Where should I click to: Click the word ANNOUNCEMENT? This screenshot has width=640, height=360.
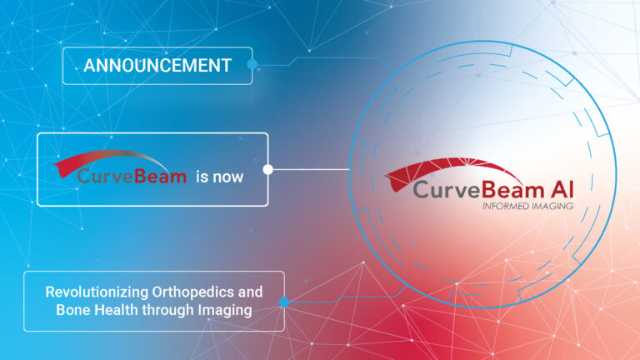157,66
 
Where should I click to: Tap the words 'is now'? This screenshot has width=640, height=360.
219,177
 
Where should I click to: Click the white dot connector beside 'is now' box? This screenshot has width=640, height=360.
267,169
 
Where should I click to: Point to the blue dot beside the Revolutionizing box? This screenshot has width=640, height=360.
284,302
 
